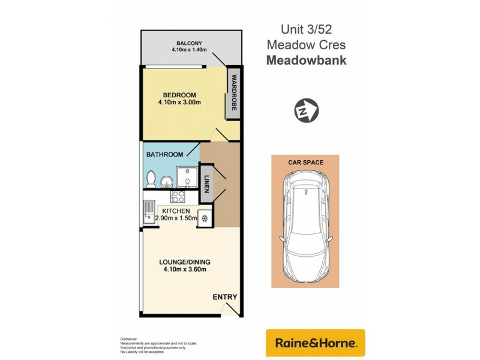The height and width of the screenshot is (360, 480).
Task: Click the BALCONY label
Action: (189, 43)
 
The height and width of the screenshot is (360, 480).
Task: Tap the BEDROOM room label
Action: (179, 95)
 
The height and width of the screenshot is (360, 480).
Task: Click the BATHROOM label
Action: (165, 154)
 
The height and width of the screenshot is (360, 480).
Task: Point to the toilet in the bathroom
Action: (151, 179)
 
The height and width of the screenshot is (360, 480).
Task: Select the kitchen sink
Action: (148, 212)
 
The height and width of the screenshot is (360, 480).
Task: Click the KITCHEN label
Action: (176, 211)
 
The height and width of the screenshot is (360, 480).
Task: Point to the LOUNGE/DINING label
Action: (185, 262)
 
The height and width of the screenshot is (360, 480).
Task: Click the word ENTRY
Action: (225, 297)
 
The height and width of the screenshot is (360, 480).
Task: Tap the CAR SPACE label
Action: (306, 163)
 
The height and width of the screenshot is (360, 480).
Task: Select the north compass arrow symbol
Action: (306, 110)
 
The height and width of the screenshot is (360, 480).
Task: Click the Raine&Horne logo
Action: (316, 343)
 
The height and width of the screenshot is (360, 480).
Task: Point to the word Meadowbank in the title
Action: (306, 61)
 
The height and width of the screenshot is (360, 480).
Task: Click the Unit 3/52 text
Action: (306, 29)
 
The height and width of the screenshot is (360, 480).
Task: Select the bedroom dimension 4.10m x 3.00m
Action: (179, 103)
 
